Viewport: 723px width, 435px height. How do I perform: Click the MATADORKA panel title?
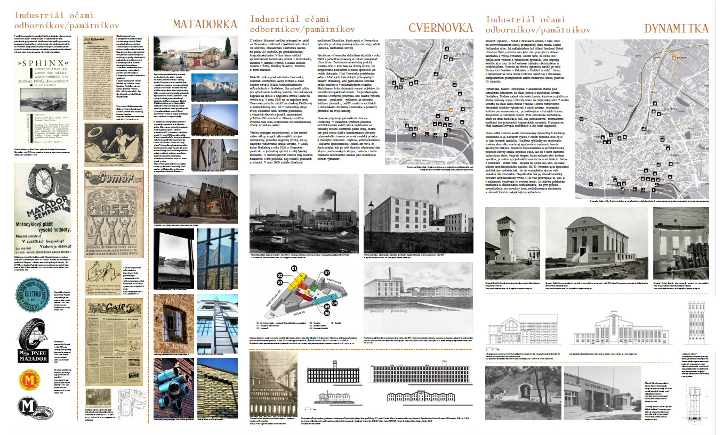tap(205, 24)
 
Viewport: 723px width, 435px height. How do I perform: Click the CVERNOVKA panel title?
tap(440, 28)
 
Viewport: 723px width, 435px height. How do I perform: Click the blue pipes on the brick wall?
tap(168, 381)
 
